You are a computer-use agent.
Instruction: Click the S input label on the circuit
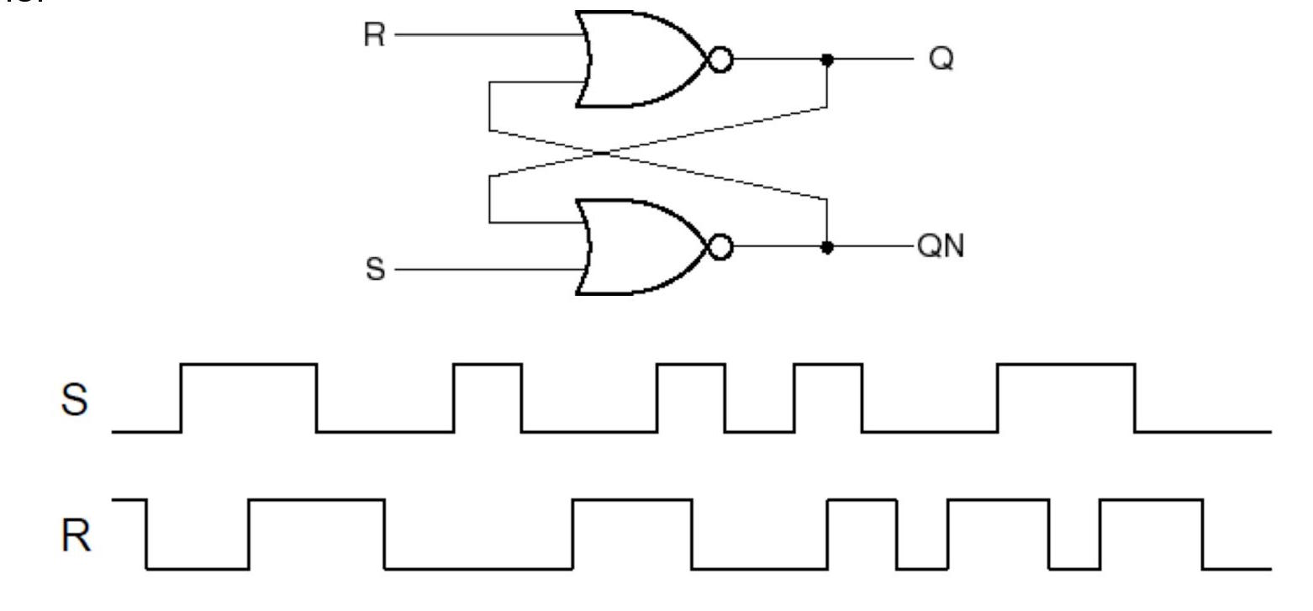376,270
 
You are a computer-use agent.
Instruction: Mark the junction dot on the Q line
827,61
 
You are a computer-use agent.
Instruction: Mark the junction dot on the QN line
827,248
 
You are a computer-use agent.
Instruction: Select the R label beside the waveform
76,536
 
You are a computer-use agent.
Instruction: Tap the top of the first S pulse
249,364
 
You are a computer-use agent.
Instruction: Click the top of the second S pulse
488,364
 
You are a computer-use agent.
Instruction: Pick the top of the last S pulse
1066,364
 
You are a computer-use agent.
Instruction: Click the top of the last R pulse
1151,500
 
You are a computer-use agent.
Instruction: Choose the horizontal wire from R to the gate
488,36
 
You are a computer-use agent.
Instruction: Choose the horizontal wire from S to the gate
488,270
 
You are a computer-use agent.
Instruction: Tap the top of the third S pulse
690,364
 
